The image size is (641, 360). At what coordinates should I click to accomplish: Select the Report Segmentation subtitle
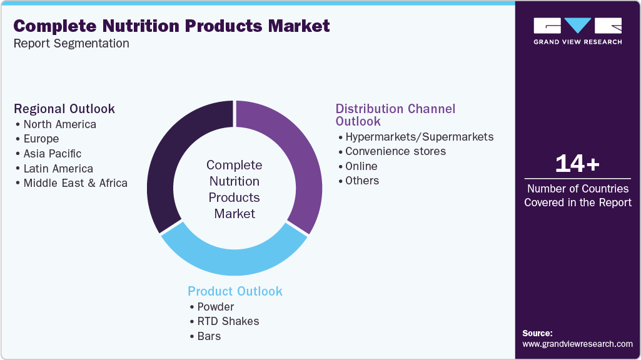(x=71, y=44)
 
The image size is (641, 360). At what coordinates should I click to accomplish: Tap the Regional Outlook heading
(x=64, y=109)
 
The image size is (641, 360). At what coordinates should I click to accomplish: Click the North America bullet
(x=59, y=124)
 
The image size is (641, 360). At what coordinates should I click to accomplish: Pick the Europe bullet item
(x=41, y=139)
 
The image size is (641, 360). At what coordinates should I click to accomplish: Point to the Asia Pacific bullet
(x=53, y=154)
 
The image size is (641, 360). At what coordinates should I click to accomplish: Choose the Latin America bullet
(x=58, y=169)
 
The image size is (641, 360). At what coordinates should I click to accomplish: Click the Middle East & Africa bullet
(x=75, y=183)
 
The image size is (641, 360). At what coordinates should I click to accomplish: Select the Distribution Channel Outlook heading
(x=395, y=114)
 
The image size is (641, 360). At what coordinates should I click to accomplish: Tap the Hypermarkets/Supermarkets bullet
(x=420, y=136)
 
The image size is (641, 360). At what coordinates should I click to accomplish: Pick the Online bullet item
(x=361, y=166)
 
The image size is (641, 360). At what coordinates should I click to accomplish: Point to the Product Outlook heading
(x=235, y=291)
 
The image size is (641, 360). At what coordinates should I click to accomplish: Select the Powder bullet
(x=215, y=307)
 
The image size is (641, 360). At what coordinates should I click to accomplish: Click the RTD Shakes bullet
(x=228, y=321)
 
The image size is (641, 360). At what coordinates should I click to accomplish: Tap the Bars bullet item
(x=209, y=336)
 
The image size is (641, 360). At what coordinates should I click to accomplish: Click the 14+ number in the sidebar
(x=577, y=164)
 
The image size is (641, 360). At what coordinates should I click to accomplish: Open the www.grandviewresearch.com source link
(x=577, y=344)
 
